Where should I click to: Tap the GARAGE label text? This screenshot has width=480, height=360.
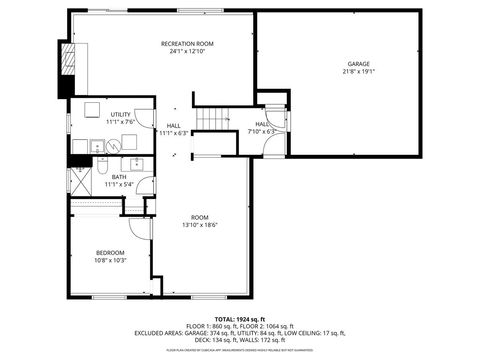[x=358, y=64]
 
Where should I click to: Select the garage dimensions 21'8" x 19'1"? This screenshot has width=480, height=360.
[x=358, y=72]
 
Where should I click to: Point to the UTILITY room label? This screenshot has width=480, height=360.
[x=120, y=115]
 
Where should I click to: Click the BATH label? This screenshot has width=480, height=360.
[x=119, y=177]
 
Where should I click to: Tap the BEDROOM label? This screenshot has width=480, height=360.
[x=110, y=252]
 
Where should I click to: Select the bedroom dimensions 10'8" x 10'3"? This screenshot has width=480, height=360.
[x=110, y=260]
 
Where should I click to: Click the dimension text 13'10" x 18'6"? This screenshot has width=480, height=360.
[x=200, y=225]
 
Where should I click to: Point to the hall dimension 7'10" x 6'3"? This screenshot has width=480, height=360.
[x=261, y=131]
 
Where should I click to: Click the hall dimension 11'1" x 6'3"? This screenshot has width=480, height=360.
[x=174, y=132]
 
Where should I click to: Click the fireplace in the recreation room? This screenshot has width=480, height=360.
[x=67, y=68]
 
